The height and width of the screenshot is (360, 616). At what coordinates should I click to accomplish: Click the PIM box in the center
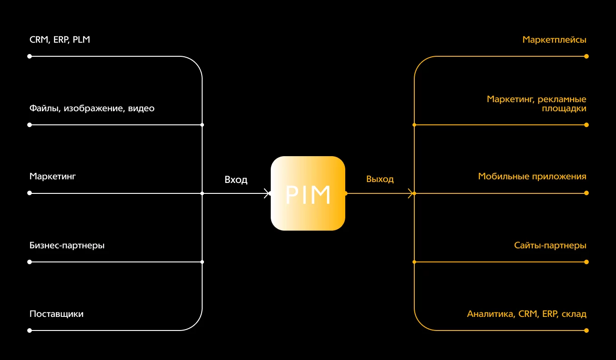(308, 193)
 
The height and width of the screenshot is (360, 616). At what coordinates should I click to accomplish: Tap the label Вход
(236, 180)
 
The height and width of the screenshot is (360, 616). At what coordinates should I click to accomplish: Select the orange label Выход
(380, 179)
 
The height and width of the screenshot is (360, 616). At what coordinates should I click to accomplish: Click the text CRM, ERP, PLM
(60, 40)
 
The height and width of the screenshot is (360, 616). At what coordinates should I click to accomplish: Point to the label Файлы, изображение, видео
(92, 108)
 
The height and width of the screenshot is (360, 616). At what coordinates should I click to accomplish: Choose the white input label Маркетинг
(52, 176)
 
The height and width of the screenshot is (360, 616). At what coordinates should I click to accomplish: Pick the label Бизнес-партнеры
(67, 246)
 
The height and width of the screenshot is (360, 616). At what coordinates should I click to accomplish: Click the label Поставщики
(56, 314)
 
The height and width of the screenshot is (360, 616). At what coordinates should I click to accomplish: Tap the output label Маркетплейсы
(554, 40)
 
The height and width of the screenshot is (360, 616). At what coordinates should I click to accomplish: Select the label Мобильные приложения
(532, 177)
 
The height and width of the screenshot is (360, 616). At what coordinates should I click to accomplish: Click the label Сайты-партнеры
(550, 246)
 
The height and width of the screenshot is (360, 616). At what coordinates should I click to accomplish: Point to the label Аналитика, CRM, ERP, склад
(527, 314)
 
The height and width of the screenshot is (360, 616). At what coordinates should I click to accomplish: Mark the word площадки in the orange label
(563, 109)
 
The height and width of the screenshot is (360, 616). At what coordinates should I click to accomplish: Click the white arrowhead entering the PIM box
(267, 193)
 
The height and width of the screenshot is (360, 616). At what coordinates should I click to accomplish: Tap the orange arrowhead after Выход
(412, 193)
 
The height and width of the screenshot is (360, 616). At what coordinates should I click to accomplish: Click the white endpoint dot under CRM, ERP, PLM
(30, 56)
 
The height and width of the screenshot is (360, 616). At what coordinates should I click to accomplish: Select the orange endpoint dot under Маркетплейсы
(586, 56)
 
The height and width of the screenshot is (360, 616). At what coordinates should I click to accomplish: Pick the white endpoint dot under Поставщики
(30, 330)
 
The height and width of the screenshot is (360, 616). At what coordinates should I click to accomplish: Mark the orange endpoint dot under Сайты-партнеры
(586, 262)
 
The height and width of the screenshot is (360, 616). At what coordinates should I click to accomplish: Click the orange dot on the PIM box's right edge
(346, 193)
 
